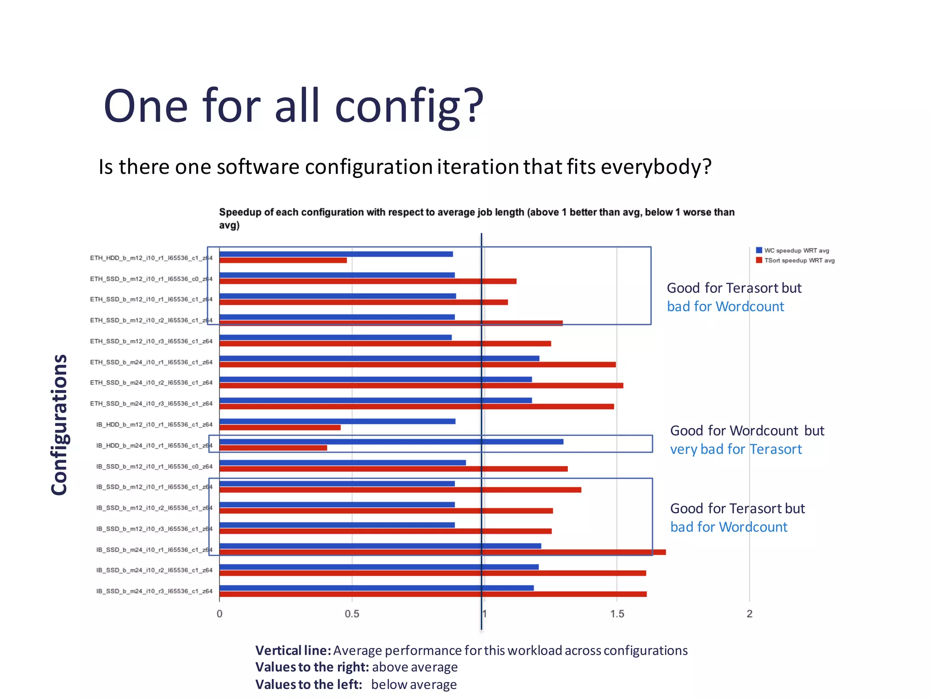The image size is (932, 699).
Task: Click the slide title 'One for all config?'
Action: [294, 106]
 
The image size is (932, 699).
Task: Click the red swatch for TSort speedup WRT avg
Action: [759, 260]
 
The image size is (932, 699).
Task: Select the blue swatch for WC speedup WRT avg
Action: [759, 250]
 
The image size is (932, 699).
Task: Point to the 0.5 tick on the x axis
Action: [352, 614]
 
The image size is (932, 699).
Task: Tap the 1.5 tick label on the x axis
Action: [617, 614]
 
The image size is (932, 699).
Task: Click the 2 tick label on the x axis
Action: [750, 614]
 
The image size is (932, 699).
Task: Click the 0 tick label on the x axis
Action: [219, 614]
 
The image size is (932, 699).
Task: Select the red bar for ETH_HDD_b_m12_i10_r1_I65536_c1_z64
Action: [283, 260]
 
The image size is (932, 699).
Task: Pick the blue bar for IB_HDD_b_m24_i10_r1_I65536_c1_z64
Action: [391, 441]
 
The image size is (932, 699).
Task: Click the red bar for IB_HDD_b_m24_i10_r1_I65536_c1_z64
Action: [273, 448]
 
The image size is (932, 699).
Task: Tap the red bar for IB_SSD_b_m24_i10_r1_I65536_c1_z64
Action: [442, 552]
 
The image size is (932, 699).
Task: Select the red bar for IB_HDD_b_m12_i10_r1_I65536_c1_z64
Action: [280, 427]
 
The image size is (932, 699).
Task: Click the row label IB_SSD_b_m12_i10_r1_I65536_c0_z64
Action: [154, 466]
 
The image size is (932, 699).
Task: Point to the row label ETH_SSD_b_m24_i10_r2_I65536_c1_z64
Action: [151, 383]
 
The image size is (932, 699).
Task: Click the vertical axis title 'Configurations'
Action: [59, 425]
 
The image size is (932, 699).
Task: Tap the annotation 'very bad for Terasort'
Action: [736, 449]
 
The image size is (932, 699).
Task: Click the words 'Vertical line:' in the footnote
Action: [293, 650]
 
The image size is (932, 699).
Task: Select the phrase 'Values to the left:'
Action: [309, 684]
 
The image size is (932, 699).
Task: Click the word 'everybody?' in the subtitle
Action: [656, 167]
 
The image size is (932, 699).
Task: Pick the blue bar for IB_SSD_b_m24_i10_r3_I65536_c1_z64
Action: [376, 588]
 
